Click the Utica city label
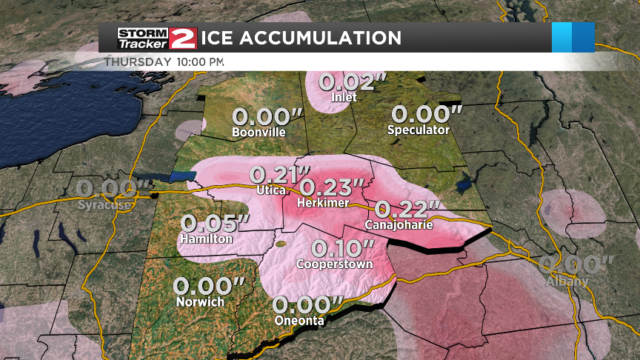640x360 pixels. click(x=271, y=190)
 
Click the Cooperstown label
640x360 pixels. click(x=335, y=264)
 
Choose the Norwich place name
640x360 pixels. click(x=201, y=302)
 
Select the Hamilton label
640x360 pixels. click(x=205, y=239)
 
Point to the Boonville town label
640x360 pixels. click(x=259, y=133)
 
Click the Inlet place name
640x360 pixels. click(x=345, y=97)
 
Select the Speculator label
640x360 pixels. click(x=419, y=130)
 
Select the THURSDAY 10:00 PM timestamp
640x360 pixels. click(x=164, y=61)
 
